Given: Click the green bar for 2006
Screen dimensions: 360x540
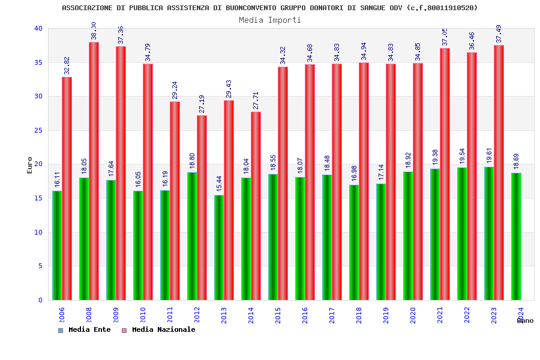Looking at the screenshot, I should [57, 245].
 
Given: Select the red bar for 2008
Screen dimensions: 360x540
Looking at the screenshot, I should [94, 171].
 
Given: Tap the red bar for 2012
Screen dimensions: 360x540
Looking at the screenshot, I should [202, 208].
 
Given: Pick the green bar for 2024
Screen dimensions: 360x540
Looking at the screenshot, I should [516, 236].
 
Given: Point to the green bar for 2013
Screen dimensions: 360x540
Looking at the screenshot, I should [219, 247].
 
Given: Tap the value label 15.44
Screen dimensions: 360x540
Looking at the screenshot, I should [219, 184].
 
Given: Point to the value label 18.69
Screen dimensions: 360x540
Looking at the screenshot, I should [516, 162].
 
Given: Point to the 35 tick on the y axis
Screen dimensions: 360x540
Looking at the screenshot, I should [38, 62].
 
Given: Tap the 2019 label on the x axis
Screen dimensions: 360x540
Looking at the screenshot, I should [386, 316].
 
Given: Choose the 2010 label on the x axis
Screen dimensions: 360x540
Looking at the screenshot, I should [143, 316].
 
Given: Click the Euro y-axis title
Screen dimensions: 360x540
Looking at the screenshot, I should [29, 165].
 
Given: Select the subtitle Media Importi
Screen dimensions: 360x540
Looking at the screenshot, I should [270, 20].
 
